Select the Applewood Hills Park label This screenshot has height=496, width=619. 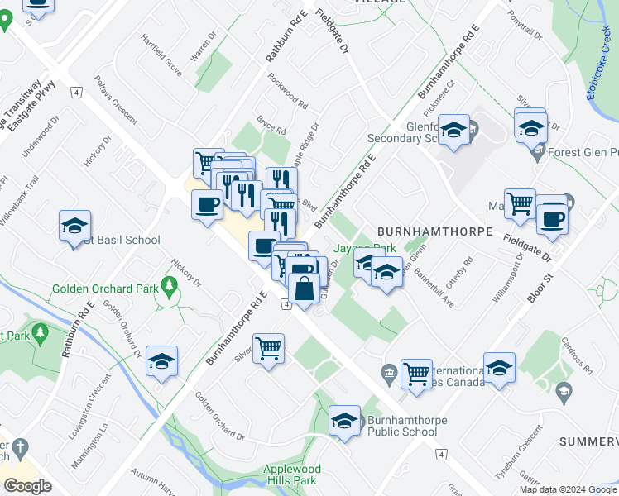point(290,474)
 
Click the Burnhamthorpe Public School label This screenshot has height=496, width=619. point(402,426)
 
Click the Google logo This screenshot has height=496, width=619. point(27,486)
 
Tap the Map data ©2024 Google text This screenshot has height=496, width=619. point(568,489)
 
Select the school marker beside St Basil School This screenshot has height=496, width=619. point(74,226)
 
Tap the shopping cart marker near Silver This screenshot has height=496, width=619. point(269,349)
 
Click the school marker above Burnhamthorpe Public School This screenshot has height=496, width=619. point(344,420)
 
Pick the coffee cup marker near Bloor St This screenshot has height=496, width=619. point(552,219)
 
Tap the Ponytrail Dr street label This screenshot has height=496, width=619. point(525,26)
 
